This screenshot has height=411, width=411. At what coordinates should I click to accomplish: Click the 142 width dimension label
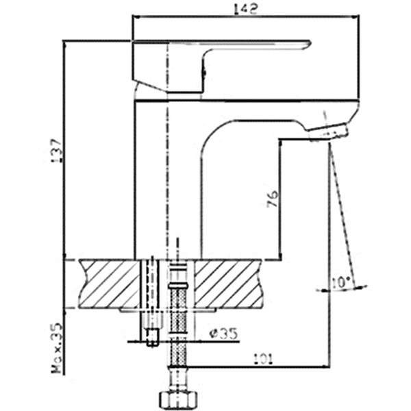point(246,9)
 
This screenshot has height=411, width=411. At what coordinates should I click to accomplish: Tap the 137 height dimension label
point(57,151)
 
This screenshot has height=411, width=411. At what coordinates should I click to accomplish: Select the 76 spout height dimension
point(273,199)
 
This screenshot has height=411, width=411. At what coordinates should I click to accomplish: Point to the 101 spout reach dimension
point(264,359)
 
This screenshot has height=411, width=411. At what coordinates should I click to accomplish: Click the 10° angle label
point(340,282)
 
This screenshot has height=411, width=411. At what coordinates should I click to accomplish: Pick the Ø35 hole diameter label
point(223,334)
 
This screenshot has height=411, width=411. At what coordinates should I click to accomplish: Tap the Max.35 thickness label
point(57,347)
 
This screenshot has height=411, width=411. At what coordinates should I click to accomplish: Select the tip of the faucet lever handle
point(310,42)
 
